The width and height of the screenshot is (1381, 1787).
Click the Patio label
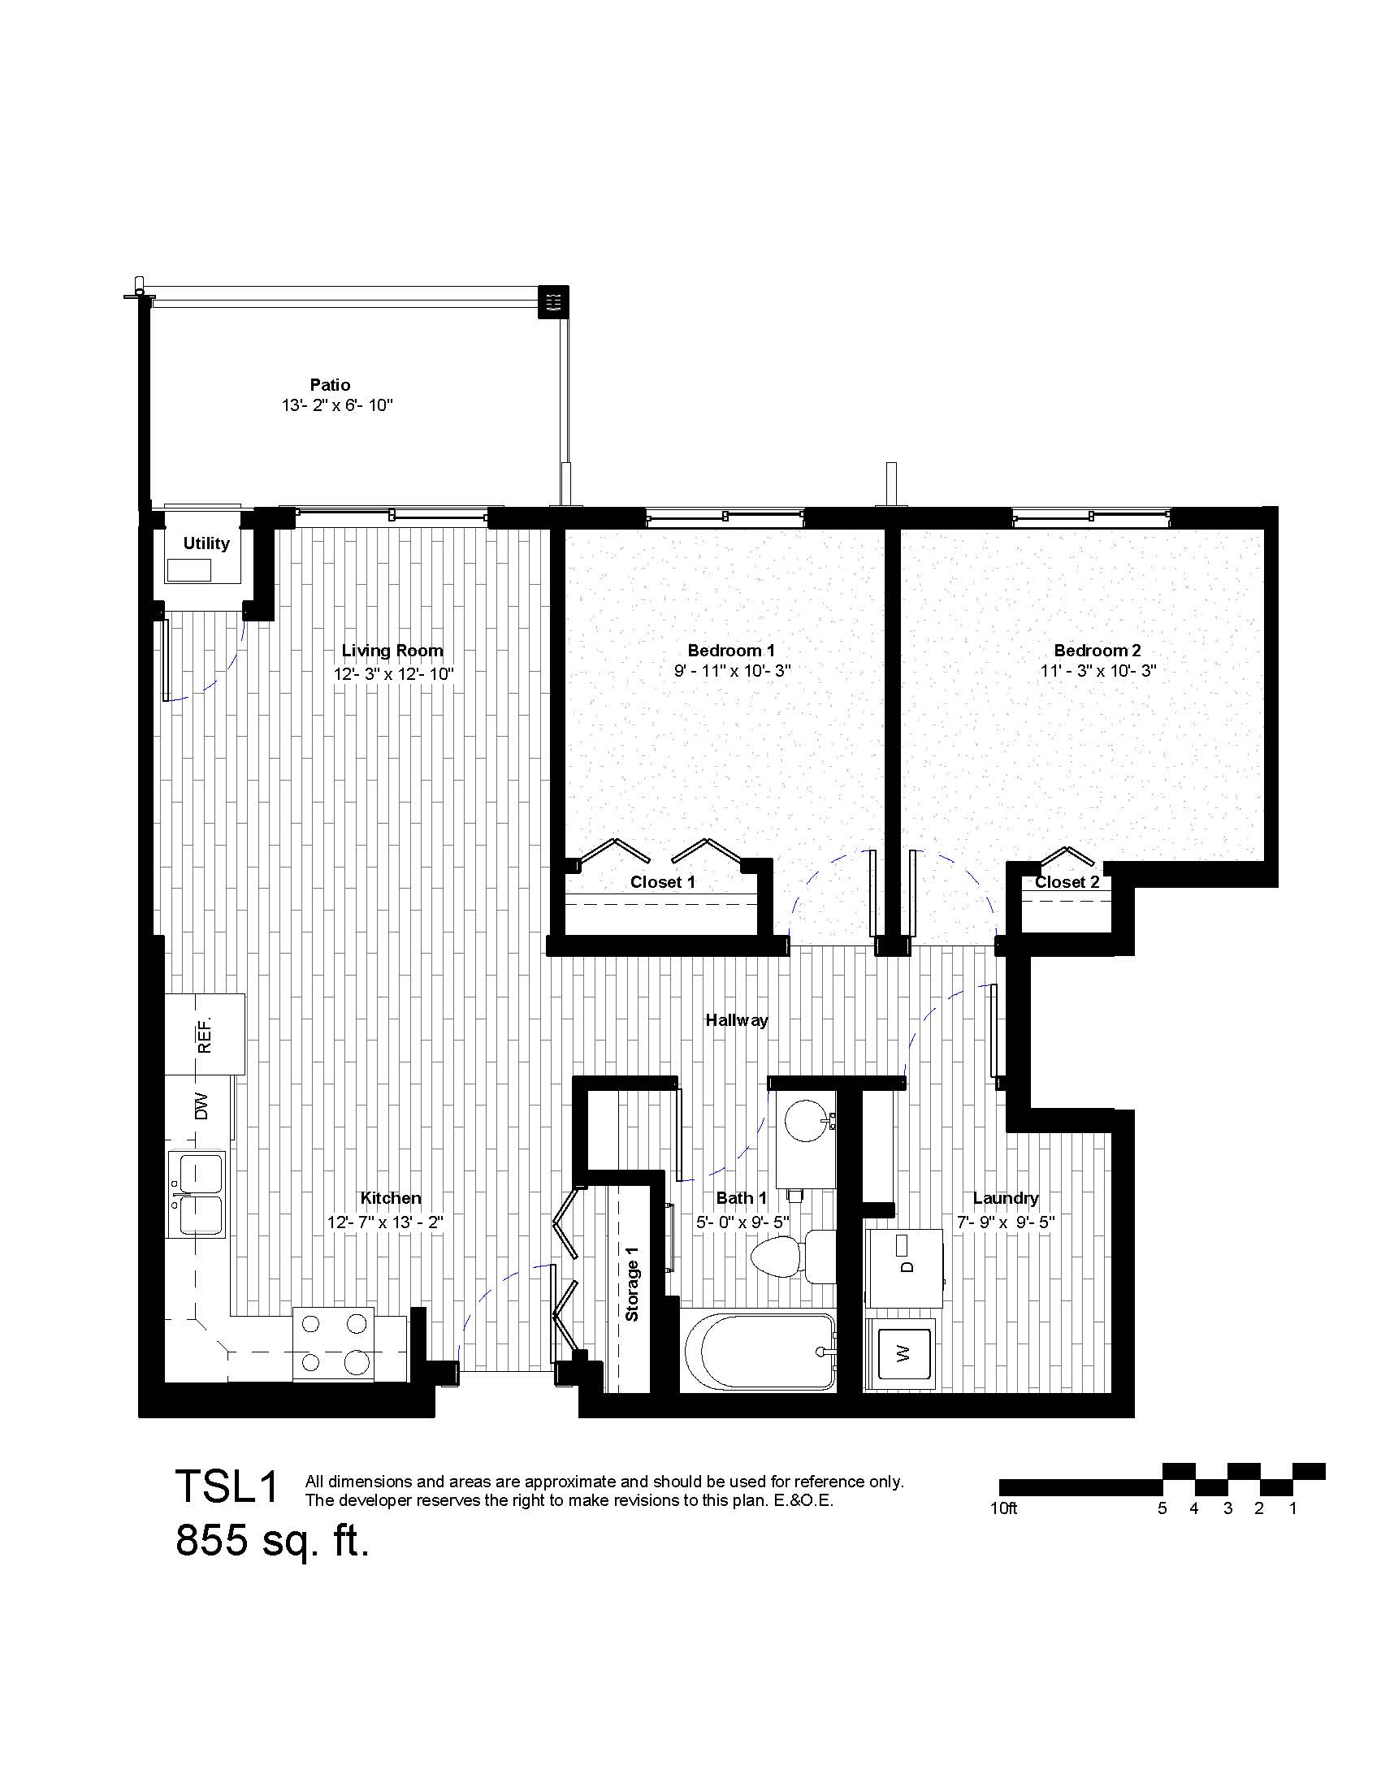click(330, 384)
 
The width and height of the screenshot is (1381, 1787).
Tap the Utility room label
click(206, 543)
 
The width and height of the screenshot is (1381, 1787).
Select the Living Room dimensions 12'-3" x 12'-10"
click(392, 674)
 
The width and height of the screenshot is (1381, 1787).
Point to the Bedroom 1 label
click(730, 651)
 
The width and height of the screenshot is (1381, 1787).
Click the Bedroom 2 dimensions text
click(1097, 671)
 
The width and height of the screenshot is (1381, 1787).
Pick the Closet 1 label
click(662, 882)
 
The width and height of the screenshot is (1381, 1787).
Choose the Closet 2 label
click(1067, 882)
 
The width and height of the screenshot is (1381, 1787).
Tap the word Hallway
click(736, 1019)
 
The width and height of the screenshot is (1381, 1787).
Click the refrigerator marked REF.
click(205, 1033)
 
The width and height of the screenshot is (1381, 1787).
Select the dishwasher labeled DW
click(199, 1106)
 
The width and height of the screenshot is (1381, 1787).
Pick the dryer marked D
click(904, 1266)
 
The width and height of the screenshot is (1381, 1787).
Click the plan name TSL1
click(228, 1486)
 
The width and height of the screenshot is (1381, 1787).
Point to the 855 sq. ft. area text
click(272, 1542)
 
